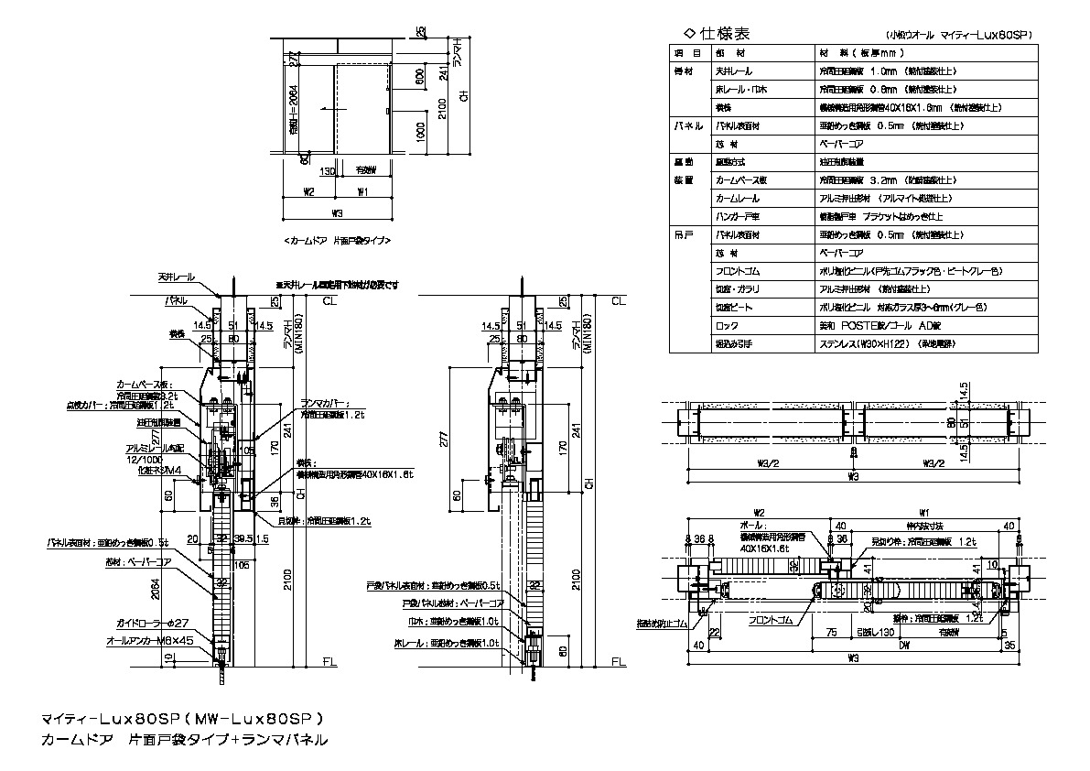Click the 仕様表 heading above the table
tap(723, 34)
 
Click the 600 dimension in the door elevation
tap(419, 81)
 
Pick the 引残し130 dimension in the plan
tap(871, 631)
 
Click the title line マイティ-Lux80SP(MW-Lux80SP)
tap(183, 718)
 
